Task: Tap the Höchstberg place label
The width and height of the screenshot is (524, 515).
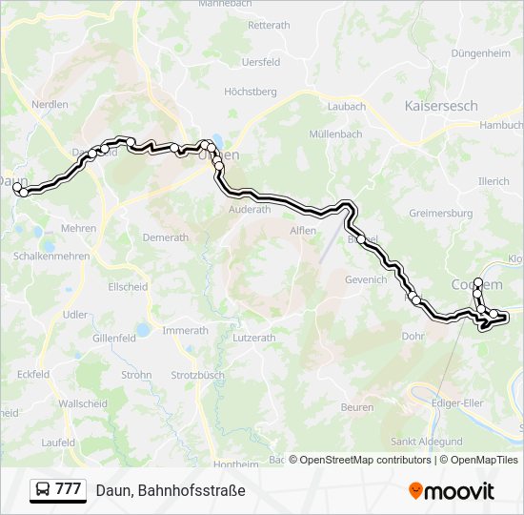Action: (x=250, y=92)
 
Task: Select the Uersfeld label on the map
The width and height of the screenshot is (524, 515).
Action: (x=261, y=62)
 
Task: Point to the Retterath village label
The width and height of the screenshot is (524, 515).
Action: (x=269, y=26)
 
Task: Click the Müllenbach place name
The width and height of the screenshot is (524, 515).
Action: (x=335, y=134)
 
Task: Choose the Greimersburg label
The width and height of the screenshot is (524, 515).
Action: (x=440, y=214)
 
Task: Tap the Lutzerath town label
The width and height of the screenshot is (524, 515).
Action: (x=253, y=338)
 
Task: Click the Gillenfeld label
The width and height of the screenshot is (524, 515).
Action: (x=114, y=338)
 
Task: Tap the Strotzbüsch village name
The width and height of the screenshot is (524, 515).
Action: (x=197, y=375)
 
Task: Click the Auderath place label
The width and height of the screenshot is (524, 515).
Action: (x=250, y=209)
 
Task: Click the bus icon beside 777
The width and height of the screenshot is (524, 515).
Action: (x=42, y=490)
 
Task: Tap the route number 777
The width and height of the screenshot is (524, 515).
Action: (x=68, y=489)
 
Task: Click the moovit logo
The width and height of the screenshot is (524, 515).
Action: (x=452, y=491)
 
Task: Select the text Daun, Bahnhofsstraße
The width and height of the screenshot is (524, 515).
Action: (x=171, y=490)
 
